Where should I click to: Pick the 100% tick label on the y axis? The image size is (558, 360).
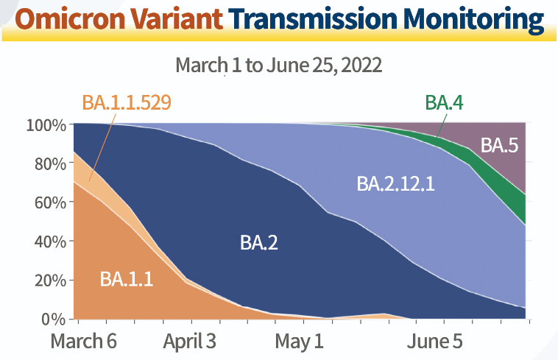click(46, 125)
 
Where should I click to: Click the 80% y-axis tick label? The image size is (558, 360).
click(50, 163)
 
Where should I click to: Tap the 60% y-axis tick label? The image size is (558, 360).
click(50, 202)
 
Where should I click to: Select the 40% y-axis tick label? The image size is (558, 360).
click(50, 241)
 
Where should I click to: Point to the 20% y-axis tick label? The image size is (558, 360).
click(50, 280)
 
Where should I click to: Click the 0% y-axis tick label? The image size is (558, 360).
click(54, 320)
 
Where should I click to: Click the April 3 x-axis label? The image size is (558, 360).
click(190, 342)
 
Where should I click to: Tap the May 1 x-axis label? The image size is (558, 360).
click(299, 342)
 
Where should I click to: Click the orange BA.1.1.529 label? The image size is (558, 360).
click(127, 102)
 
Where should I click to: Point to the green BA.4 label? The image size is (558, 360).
click(443, 102)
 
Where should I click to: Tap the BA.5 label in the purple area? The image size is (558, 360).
click(500, 145)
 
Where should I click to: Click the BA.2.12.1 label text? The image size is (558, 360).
click(396, 183)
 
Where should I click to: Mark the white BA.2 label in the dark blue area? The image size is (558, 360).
click(258, 242)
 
